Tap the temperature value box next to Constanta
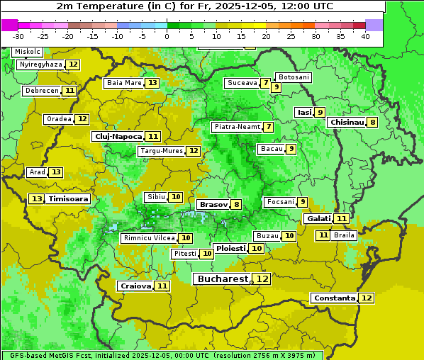pyautogui.click(x=367, y=298)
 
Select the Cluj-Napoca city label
pyautogui.click(x=118, y=136)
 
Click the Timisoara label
pyautogui.click(x=69, y=199)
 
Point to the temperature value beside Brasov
pyautogui.click(x=236, y=205)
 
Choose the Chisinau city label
pyautogui.click(x=347, y=122)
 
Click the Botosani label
pyautogui.click(x=293, y=77)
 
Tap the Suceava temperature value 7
pyautogui.click(x=265, y=83)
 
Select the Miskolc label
pyautogui.click(x=28, y=52)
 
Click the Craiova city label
pyautogui.click(x=135, y=286)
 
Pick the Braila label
pyautogui.click(x=344, y=235)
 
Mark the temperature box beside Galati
pyautogui.click(x=341, y=219)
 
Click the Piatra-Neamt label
pyautogui.click(x=236, y=127)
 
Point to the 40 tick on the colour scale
pyautogui.click(x=364, y=36)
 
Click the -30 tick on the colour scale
pyautogui.click(x=18, y=36)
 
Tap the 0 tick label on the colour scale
pyautogui.click(x=167, y=36)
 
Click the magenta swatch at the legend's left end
pyautogui.click(x=9, y=25)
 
